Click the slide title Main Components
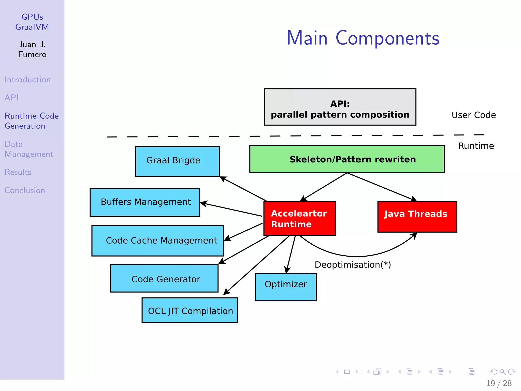[x=363, y=38]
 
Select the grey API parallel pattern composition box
[x=340, y=107]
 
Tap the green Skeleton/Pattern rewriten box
[x=347, y=159]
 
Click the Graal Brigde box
[x=177, y=161]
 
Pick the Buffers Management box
[x=145, y=202]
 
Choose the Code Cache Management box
[x=157, y=241]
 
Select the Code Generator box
[x=164, y=278]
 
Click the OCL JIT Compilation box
[x=190, y=311]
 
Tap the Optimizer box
[x=286, y=287]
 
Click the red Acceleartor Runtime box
[x=299, y=218]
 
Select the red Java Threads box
[x=417, y=216]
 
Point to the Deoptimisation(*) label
[x=353, y=265]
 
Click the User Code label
[x=473, y=115]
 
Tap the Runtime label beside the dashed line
[x=476, y=146]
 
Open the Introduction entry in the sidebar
[x=27, y=80]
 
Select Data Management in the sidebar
[x=29, y=149]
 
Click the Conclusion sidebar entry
[x=25, y=190]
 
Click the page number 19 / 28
[x=498, y=383]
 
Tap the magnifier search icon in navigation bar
[x=502, y=372]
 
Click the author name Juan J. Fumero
[x=32, y=49]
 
